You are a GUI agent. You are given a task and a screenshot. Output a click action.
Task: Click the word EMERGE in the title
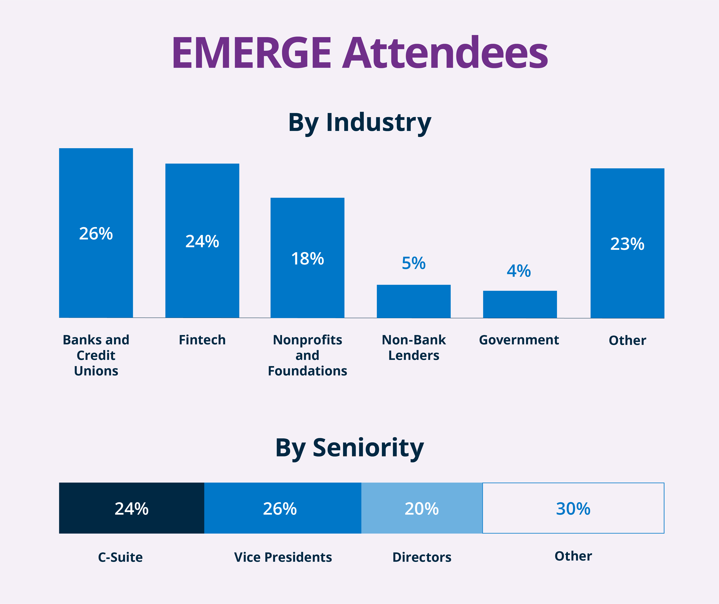(x=252, y=53)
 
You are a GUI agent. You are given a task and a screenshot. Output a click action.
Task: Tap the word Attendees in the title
(x=445, y=53)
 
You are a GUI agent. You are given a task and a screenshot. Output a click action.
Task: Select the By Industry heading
(x=360, y=122)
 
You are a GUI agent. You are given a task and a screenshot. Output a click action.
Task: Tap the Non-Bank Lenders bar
(x=414, y=301)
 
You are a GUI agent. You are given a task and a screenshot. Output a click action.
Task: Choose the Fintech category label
(x=202, y=340)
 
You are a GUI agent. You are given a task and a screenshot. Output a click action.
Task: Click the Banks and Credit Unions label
(x=96, y=355)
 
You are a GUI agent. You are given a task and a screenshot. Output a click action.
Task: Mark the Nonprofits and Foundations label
(x=307, y=355)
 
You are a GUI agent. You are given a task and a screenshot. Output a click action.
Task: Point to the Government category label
(x=519, y=340)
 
